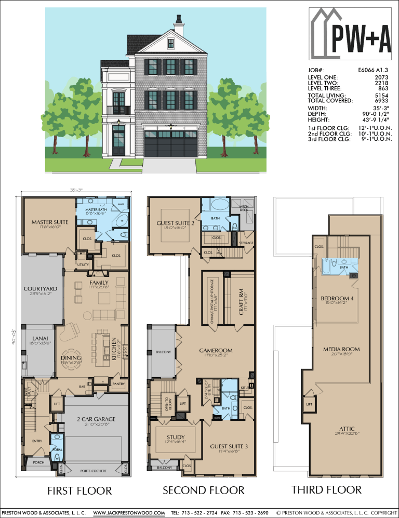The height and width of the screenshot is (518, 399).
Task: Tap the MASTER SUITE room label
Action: [47, 222]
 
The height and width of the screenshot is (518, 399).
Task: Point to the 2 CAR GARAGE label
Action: [96, 419]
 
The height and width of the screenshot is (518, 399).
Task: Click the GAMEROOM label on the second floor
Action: [216, 351]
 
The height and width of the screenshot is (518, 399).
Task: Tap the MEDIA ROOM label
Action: [341, 349]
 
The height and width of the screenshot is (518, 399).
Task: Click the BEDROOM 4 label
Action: [337, 298]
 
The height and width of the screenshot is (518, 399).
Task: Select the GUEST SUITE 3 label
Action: [229, 446]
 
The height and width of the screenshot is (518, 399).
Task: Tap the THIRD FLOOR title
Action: [326, 489]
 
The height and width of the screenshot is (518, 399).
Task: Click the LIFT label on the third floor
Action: [309, 404]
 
